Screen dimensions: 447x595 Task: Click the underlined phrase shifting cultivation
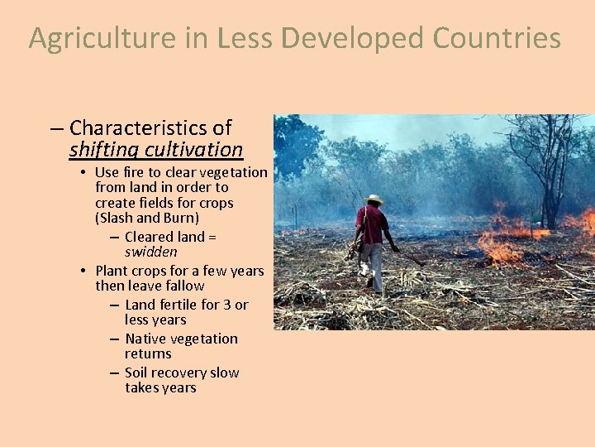[156, 150]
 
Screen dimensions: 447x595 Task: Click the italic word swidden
[151, 252]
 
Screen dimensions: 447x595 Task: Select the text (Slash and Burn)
[147, 219]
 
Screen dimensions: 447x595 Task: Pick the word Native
[148, 339]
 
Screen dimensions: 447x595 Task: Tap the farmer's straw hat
[374, 199]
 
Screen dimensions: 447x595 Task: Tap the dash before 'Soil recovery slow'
[113, 373]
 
